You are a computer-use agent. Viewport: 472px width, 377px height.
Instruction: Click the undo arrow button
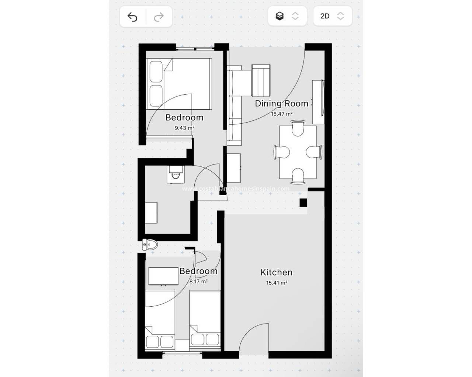(132, 17)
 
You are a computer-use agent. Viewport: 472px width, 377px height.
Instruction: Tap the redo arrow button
(159, 17)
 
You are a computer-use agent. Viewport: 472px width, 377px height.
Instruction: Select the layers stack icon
(280, 16)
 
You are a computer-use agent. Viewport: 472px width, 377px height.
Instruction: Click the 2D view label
(325, 16)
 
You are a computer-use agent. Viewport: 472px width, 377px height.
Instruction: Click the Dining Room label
(282, 103)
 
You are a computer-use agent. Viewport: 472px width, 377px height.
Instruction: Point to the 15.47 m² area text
(282, 114)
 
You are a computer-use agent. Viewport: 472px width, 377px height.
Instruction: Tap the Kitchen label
(276, 272)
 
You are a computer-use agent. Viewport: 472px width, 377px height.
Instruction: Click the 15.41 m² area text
(276, 283)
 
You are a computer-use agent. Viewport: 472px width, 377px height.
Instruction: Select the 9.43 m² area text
(184, 128)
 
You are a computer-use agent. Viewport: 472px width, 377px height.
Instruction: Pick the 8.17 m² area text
(198, 281)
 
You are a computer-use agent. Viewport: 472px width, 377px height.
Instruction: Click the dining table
(298, 152)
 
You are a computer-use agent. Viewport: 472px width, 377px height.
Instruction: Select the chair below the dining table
(298, 176)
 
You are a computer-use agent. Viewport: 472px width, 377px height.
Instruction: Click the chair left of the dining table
(282, 152)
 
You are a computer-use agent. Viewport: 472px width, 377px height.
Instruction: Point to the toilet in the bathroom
(176, 174)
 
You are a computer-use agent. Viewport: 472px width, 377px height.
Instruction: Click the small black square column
(303, 202)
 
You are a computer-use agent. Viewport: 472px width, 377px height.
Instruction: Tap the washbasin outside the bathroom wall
(150, 245)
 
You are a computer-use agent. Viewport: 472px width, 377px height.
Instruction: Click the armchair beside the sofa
(261, 80)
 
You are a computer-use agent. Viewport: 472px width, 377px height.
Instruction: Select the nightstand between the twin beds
(182, 345)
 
